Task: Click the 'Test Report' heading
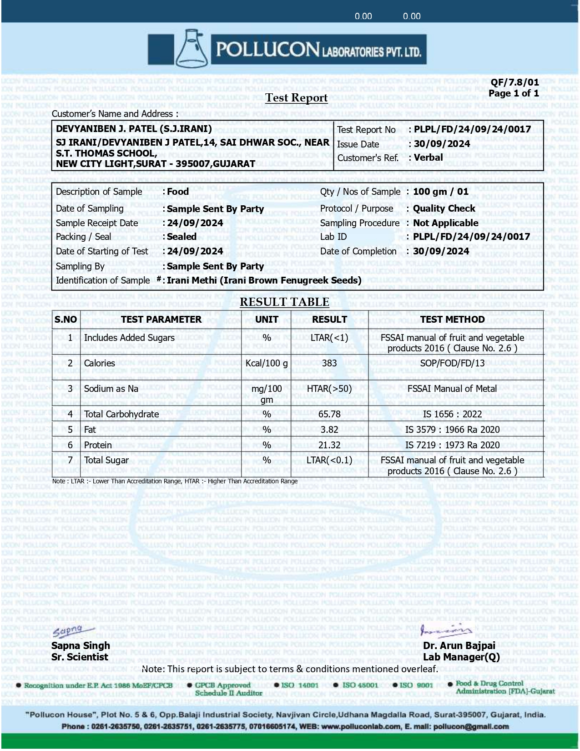[x=297, y=98]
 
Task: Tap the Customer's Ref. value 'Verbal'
[x=428, y=157]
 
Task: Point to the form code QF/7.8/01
[x=514, y=82]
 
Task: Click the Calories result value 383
[x=329, y=363]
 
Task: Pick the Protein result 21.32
[x=329, y=445]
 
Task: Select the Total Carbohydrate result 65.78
[x=329, y=414]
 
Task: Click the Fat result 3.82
[x=329, y=430]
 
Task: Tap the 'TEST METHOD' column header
[x=452, y=320]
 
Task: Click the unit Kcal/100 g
[x=267, y=363]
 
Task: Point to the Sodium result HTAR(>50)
[x=329, y=389]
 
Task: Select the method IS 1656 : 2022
[x=452, y=414]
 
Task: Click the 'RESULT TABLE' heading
[x=284, y=302]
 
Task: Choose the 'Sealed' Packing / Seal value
[x=182, y=237]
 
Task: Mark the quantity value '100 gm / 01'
[x=440, y=192]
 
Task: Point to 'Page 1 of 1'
[x=514, y=93]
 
